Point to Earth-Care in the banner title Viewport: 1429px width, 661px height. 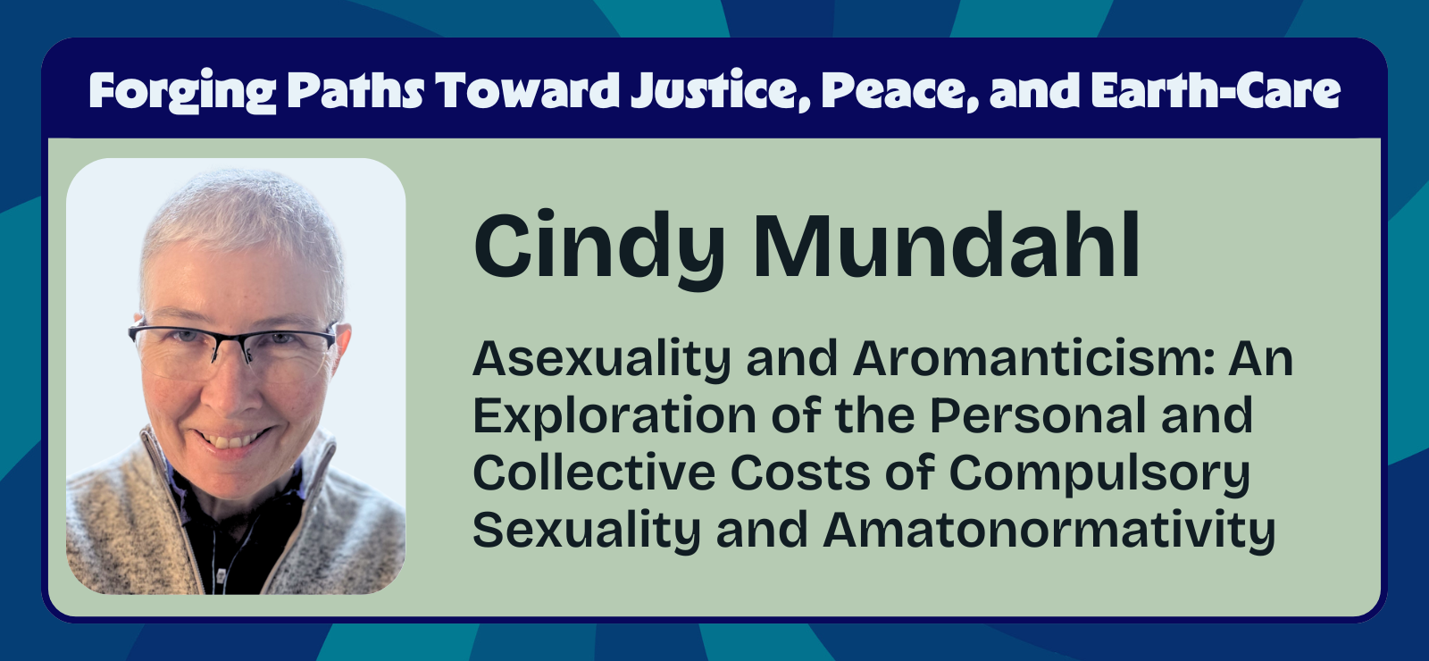1216,90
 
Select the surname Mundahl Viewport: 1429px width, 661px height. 947,246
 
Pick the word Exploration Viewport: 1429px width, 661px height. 601,416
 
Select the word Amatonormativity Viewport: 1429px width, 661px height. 1049,530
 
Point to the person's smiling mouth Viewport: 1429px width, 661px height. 230,439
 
